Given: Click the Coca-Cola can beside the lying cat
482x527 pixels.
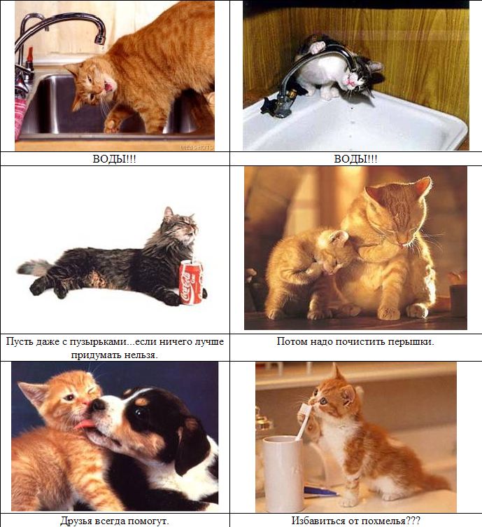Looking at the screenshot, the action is (191, 282).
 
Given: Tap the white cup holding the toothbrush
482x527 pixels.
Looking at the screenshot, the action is (283, 474).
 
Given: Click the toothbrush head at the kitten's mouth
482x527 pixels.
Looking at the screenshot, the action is (305, 410).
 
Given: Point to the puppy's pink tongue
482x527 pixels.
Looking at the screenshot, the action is (84, 425).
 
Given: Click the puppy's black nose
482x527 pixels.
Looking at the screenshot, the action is (98, 404).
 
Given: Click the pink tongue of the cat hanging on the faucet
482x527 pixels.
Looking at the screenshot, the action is (351, 81).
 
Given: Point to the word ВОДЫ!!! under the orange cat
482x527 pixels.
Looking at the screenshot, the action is (114, 158).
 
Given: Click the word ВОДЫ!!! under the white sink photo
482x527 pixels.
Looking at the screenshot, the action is (355, 158).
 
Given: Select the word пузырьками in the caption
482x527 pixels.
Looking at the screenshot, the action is (99, 342).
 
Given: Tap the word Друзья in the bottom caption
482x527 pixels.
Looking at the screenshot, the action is (76, 521).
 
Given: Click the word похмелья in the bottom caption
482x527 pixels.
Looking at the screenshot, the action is (378, 521).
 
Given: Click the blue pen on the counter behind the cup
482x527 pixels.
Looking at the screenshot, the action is (320, 491).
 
